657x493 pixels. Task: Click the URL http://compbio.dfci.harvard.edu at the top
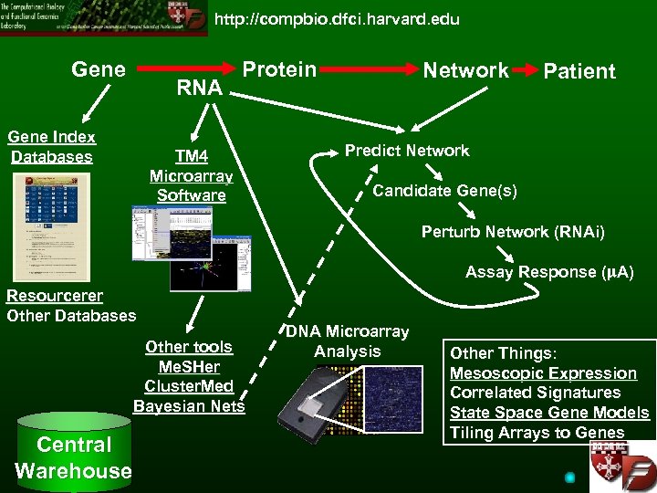pyautogui.click(x=337, y=19)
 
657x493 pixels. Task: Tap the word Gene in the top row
pyautogui.click(x=99, y=68)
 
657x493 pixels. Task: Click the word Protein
pyautogui.click(x=279, y=70)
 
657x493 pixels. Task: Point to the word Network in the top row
pyautogui.click(x=465, y=70)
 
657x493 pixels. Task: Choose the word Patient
pyautogui.click(x=579, y=71)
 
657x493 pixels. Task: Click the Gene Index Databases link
pyautogui.click(x=52, y=147)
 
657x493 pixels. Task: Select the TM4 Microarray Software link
pyautogui.click(x=191, y=175)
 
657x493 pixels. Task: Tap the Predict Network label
pyautogui.click(x=407, y=151)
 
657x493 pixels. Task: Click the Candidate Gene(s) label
pyautogui.click(x=444, y=191)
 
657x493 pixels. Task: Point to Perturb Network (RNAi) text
pyautogui.click(x=513, y=231)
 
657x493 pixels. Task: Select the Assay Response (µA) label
pyautogui.click(x=549, y=272)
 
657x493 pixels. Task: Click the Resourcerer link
pyautogui.click(x=55, y=296)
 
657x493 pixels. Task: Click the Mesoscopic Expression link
pyautogui.click(x=543, y=372)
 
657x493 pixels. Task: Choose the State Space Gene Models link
pyautogui.click(x=549, y=413)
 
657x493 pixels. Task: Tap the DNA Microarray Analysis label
pyautogui.click(x=347, y=341)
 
